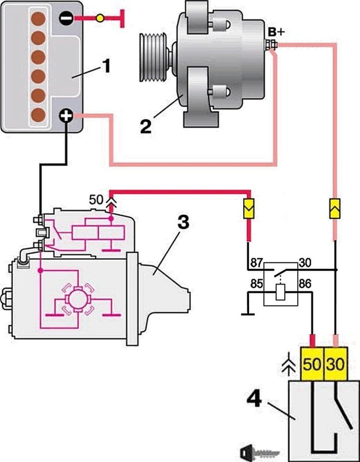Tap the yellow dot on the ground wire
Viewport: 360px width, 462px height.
(x=99, y=18)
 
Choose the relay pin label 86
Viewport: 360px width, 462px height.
(x=306, y=283)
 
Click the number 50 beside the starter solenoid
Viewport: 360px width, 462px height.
(x=96, y=200)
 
